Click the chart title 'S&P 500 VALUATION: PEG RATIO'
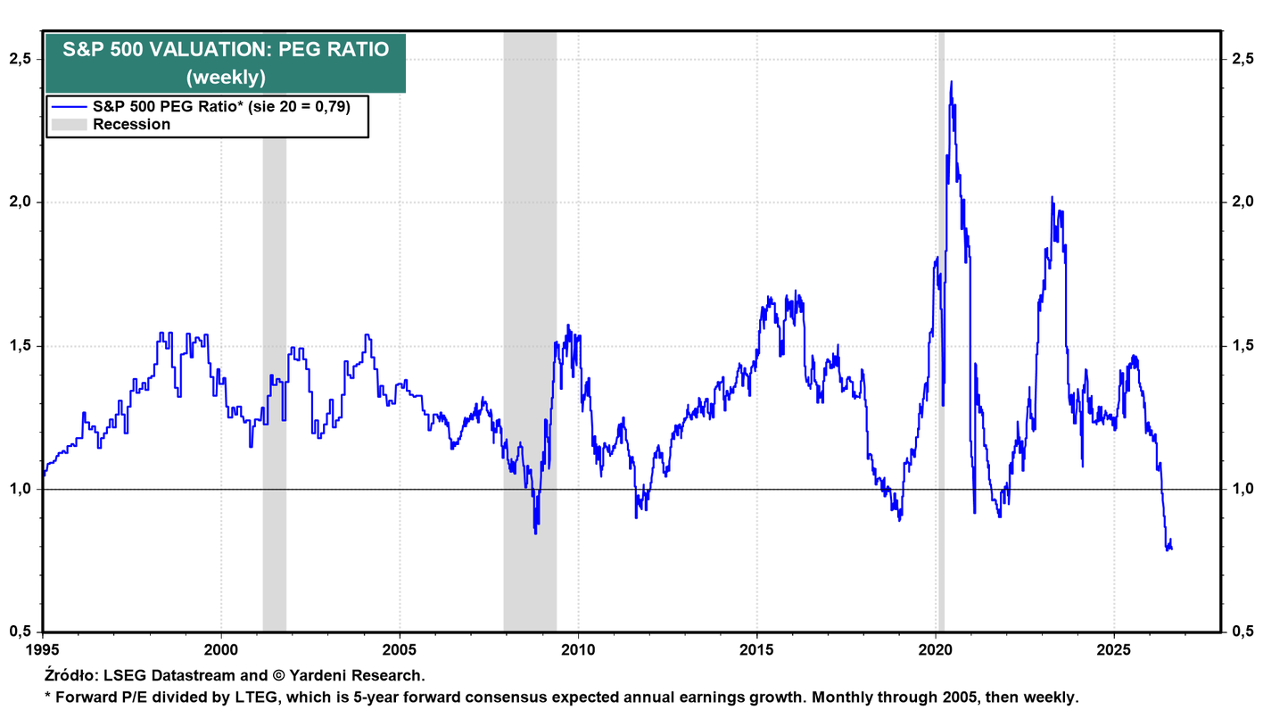click(226, 50)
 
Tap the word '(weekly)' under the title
click(226, 77)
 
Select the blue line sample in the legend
click(69, 106)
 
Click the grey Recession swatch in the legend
click(69, 125)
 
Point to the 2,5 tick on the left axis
click(21, 59)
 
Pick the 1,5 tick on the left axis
click(21, 346)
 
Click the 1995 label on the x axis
click(43, 650)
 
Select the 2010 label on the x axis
click(578, 650)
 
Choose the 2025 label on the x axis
click(1113, 650)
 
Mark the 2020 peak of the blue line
click(952, 82)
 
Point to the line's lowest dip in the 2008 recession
click(535, 532)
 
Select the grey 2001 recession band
click(275, 384)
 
